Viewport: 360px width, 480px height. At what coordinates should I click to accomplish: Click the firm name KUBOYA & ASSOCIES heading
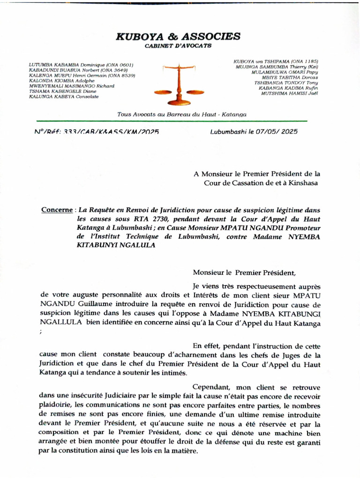click(178, 36)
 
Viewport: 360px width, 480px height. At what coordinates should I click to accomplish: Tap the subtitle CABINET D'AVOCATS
click(178, 46)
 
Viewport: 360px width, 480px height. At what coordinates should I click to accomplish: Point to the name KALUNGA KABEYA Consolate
click(64, 96)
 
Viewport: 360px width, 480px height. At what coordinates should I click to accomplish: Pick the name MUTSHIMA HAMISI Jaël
click(290, 93)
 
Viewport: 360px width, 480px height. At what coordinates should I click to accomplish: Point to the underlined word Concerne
click(56, 210)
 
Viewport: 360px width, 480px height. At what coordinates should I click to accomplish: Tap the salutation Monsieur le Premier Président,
click(244, 272)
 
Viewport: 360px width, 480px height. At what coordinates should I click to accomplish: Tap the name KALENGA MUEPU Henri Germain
click(69, 75)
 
